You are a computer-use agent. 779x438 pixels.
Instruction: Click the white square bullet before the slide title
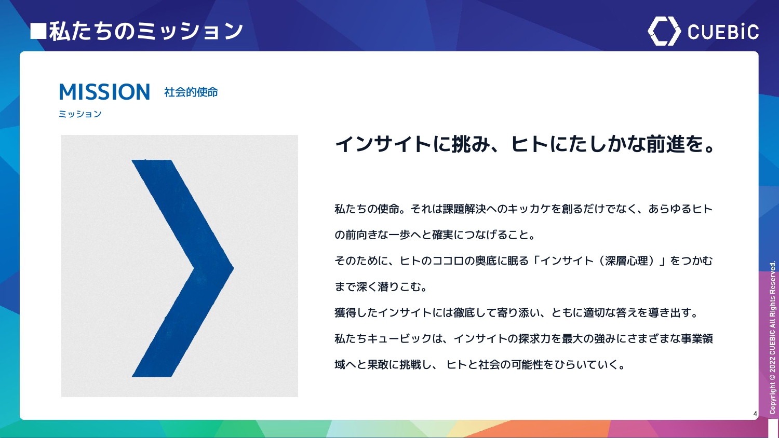[x=38, y=31]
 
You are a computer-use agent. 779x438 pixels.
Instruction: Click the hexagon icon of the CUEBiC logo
[x=664, y=31]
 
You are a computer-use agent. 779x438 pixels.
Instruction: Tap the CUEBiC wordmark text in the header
[x=723, y=32]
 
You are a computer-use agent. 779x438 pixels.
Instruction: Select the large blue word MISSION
[x=105, y=92]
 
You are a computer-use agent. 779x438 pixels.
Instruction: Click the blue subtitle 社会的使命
[x=191, y=92]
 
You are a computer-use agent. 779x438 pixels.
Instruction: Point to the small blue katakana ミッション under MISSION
[x=80, y=114]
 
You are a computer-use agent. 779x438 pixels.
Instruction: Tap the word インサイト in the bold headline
[x=383, y=144]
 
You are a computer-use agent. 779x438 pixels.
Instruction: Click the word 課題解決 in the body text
[x=464, y=209]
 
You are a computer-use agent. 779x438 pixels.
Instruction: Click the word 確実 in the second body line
[x=442, y=235]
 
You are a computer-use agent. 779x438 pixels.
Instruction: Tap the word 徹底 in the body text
[x=464, y=313]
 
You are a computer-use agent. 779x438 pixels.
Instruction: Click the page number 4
[x=755, y=414]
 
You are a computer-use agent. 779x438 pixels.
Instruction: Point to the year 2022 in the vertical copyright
[x=772, y=364]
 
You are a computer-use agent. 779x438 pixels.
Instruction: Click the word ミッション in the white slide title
[x=190, y=31]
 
